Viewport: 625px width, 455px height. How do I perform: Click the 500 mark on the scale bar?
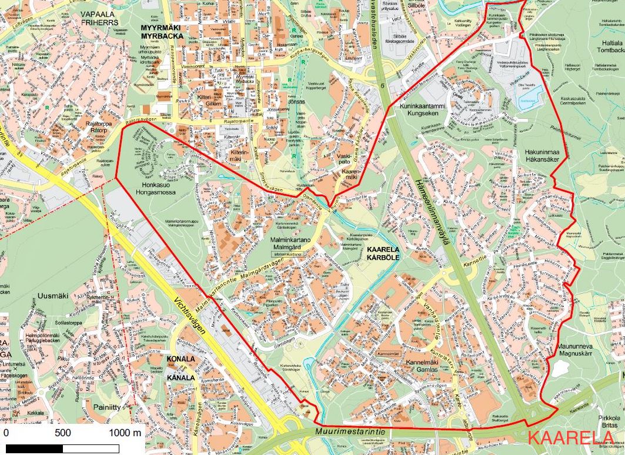pyautogui.click(x=63, y=433)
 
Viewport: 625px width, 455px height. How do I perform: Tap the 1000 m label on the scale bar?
pyautogui.click(x=125, y=433)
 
